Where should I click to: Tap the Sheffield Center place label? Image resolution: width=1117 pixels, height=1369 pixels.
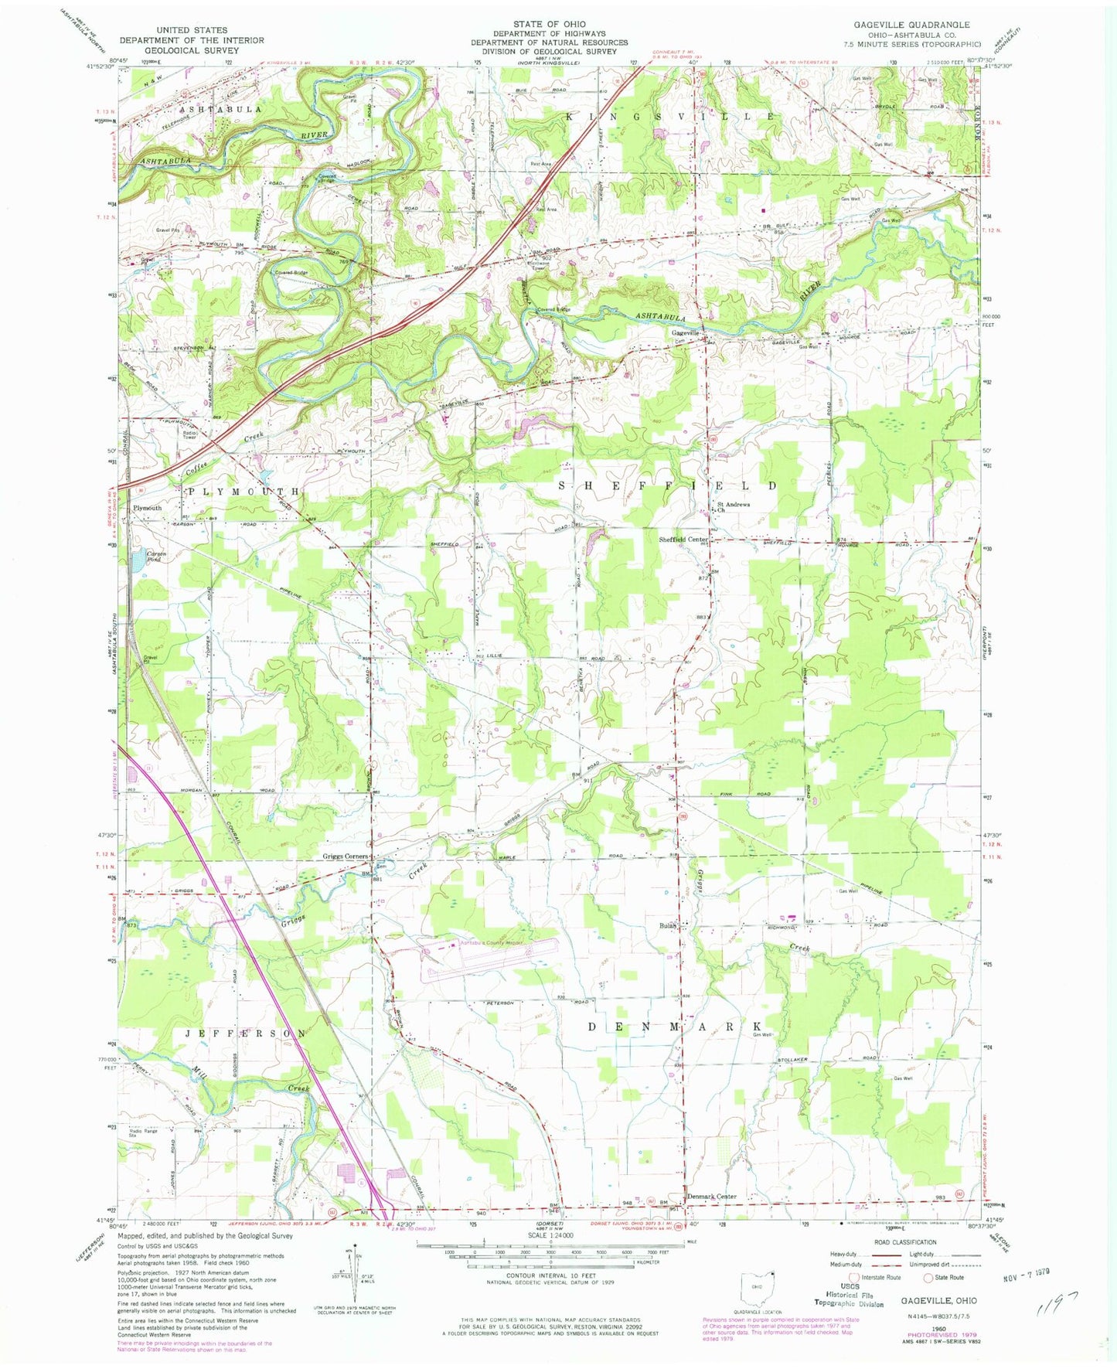683,539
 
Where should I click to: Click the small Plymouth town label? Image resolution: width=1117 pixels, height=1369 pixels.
148,508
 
